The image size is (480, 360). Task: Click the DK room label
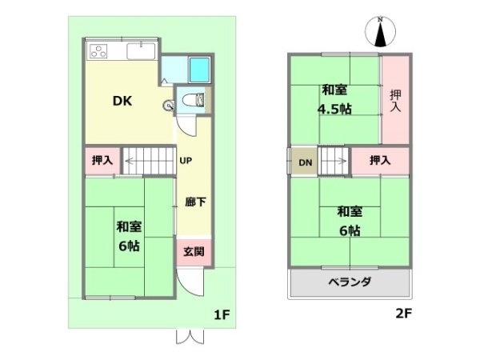tap(122, 102)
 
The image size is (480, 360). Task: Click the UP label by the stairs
tap(185, 161)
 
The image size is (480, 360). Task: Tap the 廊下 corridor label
tap(194, 202)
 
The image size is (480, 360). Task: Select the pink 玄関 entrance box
tap(194, 252)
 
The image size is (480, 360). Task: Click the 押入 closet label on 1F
tap(102, 160)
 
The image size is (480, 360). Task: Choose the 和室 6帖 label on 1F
tap(128, 237)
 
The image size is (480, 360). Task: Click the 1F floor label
tap(222, 314)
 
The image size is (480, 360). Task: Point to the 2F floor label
tap(404, 314)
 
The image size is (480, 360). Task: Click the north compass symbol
tap(381, 33)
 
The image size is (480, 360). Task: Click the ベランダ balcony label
tap(350, 282)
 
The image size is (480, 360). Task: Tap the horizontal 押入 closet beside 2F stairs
tap(380, 161)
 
